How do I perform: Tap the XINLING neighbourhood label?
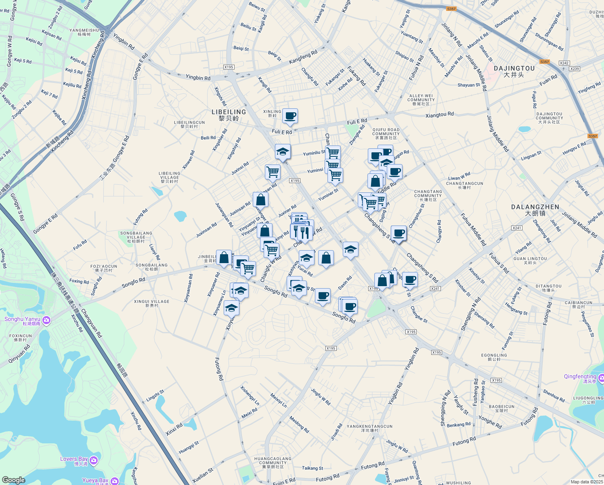(272, 113)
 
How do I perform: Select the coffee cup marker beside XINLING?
(290, 116)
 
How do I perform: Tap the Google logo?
(13, 480)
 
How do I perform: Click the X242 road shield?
(564, 63)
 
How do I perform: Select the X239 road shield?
(574, 69)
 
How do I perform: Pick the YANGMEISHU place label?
(84, 32)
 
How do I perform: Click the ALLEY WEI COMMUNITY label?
(421, 100)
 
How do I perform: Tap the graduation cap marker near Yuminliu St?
(283, 152)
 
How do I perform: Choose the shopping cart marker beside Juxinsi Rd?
(273, 171)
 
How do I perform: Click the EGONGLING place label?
(494, 357)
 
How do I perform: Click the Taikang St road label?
(312, 468)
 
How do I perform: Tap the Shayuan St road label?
(469, 85)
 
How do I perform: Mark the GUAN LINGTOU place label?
(530, 260)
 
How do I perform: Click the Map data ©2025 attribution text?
(587, 481)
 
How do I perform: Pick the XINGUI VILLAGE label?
(152, 303)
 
